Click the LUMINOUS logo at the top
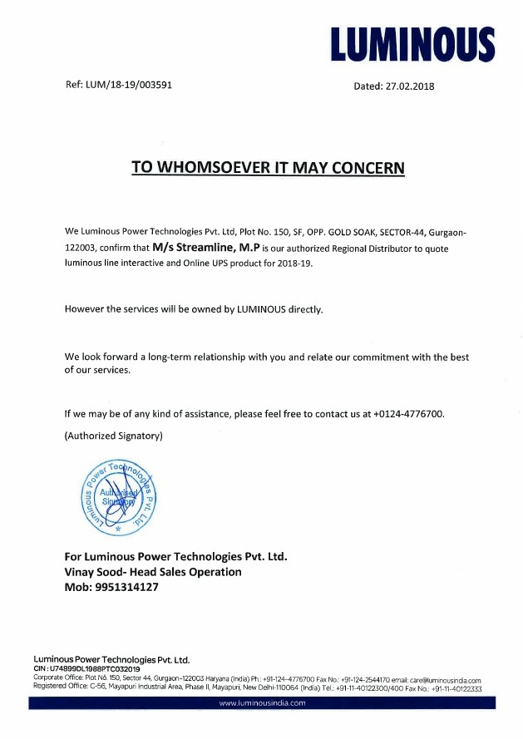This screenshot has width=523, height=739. click(412, 44)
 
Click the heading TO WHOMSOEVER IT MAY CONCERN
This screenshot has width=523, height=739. click(268, 167)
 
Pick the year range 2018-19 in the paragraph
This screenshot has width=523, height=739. click(296, 263)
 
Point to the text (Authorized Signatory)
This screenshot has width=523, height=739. click(113, 436)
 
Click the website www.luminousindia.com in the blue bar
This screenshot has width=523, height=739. click(262, 702)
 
